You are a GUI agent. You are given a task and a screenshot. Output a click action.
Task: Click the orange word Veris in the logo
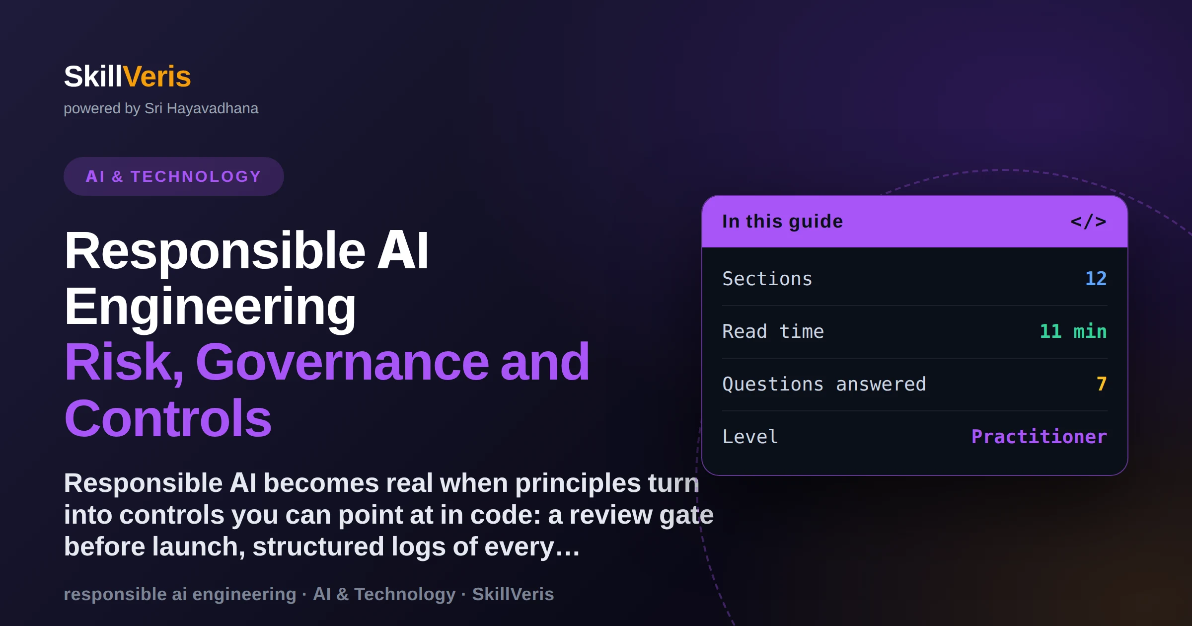click(157, 77)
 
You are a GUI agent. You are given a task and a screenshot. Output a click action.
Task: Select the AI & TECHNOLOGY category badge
click(174, 176)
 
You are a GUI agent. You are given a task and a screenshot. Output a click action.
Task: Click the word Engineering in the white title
click(210, 307)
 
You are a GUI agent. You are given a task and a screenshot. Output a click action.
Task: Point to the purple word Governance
click(343, 362)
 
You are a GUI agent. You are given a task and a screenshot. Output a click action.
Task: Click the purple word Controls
click(168, 418)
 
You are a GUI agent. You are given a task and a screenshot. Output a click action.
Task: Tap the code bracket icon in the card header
click(1088, 221)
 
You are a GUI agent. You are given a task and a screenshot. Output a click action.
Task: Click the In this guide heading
click(782, 222)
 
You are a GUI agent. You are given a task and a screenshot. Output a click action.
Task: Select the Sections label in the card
click(767, 279)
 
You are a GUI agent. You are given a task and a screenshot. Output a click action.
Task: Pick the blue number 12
click(1096, 279)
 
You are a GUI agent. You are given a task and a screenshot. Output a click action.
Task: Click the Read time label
click(773, 331)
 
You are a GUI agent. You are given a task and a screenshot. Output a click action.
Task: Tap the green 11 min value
click(1073, 331)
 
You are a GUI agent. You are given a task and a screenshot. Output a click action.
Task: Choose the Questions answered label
click(824, 384)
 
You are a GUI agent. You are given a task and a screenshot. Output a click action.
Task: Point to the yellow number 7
click(1102, 384)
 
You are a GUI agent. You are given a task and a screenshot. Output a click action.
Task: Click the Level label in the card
click(750, 437)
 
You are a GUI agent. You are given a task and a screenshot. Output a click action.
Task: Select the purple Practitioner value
click(1039, 437)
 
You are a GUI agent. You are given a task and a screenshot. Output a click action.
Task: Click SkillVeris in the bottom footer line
click(513, 594)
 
